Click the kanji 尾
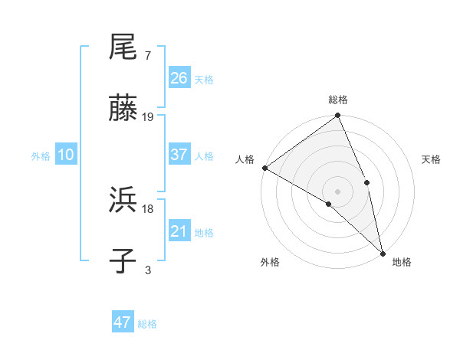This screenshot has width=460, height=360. (x=123, y=47)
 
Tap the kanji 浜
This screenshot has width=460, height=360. (x=123, y=201)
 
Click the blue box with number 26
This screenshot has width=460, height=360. (x=179, y=78)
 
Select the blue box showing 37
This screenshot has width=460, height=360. (x=179, y=155)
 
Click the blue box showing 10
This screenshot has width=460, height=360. (x=66, y=155)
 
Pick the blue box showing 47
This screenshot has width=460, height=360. (x=123, y=322)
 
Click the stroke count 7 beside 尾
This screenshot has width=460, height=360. (x=147, y=56)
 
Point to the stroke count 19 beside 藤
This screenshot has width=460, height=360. (x=148, y=117)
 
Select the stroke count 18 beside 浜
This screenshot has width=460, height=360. (x=148, y=208)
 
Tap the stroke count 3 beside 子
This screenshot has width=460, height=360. (x=147, y=270)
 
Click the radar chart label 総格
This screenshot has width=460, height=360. (x=338, y=100)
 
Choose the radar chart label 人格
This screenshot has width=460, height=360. (x=245, y=159)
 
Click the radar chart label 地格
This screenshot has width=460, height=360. (x=402, y=262)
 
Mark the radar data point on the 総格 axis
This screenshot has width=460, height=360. (x=338, y=116)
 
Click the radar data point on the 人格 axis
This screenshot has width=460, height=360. (x=264, y=168)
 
